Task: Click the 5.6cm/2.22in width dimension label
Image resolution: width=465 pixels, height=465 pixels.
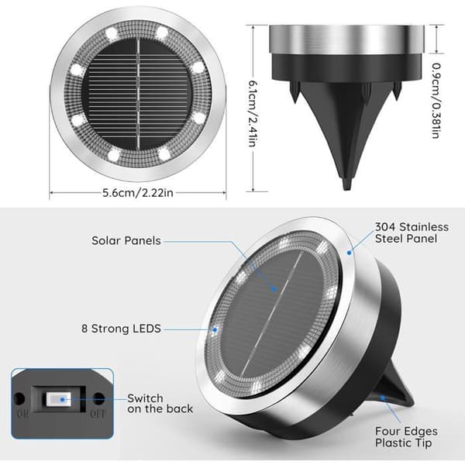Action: tap(138, 193)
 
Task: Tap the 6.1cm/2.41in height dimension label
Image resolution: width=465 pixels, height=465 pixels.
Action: tap(253, 114)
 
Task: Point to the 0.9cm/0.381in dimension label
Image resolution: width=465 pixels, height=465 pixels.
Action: tap(436, 101)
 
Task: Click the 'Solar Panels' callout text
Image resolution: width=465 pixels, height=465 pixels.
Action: tap(126, 241)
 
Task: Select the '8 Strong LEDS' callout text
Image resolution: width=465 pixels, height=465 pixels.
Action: tap(122, 329)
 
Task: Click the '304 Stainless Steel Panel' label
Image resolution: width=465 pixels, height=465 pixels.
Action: tap(412, 232)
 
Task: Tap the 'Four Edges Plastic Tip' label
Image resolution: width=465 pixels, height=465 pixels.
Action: tap(406, 437)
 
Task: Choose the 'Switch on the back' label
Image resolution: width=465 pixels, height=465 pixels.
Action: tap(160, 403)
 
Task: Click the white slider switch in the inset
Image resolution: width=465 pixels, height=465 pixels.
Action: tap(59, 399)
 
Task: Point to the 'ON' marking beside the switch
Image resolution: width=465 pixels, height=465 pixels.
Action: tap(22, 413)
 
